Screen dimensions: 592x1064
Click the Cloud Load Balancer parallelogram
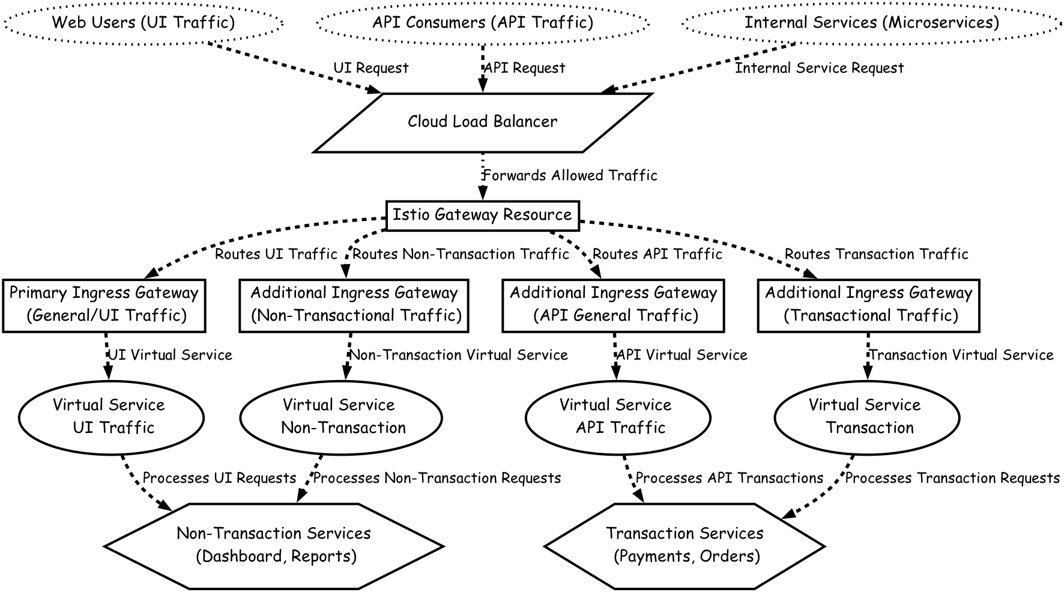[482, 122]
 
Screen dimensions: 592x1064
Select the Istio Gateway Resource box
[482, 215]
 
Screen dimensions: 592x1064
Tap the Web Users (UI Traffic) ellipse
[143, 23]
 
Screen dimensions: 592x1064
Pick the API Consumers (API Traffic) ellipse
[482, 23]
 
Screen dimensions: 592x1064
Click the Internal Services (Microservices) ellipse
[872, 23]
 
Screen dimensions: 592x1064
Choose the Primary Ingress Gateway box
[104, 304]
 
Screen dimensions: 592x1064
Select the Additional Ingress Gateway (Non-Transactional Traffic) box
[354, 304]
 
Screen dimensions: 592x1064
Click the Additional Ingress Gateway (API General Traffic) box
[613, 304]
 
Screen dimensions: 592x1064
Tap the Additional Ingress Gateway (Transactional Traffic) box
[868, 304]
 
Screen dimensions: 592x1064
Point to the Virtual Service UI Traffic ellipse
[112, 417]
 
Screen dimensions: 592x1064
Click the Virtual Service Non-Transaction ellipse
[340, 417]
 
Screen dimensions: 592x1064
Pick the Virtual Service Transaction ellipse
[867, 417]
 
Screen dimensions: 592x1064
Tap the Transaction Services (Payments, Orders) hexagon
[685, 545]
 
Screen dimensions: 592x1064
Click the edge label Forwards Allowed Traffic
[570, 176]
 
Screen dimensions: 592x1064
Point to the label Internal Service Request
[819, 68]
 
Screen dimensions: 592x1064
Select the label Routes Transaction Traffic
[876, 255]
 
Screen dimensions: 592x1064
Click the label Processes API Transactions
[729, 479]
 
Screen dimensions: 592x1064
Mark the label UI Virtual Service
[170, 355]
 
